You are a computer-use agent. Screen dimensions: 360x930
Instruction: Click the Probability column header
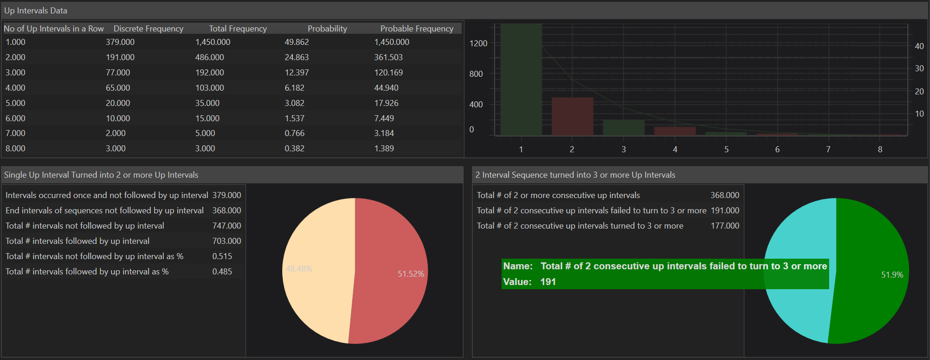pos(327,29)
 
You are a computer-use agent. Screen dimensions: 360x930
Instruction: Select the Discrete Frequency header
pos(148,29)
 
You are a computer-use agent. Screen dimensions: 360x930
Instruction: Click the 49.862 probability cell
pos(297,42)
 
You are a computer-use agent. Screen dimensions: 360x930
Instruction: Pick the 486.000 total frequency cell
pos(210,57)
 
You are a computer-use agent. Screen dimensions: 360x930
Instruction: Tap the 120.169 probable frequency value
pos(388,73)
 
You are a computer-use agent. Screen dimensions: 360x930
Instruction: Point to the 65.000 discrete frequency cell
pos(118,88)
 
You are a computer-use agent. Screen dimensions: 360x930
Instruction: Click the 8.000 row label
pos(15,149)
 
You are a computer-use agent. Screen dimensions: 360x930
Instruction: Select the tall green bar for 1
pos(521,79)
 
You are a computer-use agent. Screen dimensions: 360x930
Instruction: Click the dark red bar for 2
pos(572,116)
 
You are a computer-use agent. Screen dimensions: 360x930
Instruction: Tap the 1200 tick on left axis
pos(478,43)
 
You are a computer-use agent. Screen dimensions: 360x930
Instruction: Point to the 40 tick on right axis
pos(919,46)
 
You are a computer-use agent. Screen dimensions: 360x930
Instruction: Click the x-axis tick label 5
pos(726,149)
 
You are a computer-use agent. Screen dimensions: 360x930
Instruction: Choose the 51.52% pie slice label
pos(411,274)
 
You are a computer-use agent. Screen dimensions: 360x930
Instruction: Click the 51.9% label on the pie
pos(892,275)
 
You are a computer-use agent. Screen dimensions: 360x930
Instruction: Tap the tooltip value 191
pos(548,282)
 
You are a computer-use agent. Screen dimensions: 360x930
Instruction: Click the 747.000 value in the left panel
pos(226,226)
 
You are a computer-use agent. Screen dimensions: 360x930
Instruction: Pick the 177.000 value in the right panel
pos(725,226)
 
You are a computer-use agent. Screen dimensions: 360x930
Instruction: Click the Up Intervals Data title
pos(36,11)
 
